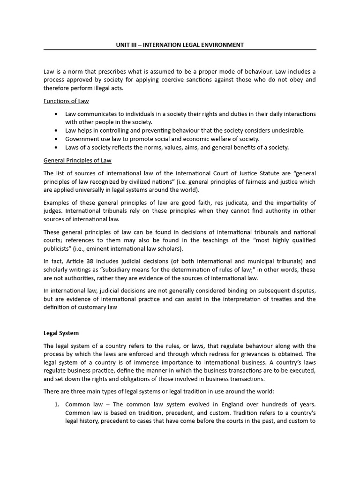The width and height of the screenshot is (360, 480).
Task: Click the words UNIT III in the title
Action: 127,45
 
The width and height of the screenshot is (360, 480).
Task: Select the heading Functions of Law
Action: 66,101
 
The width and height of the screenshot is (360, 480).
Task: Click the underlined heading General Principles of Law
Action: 77,160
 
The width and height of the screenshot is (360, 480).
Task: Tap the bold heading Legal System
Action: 61,333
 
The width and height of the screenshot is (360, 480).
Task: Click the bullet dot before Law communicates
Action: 56,114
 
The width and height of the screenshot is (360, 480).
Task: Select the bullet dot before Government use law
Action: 56,139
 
